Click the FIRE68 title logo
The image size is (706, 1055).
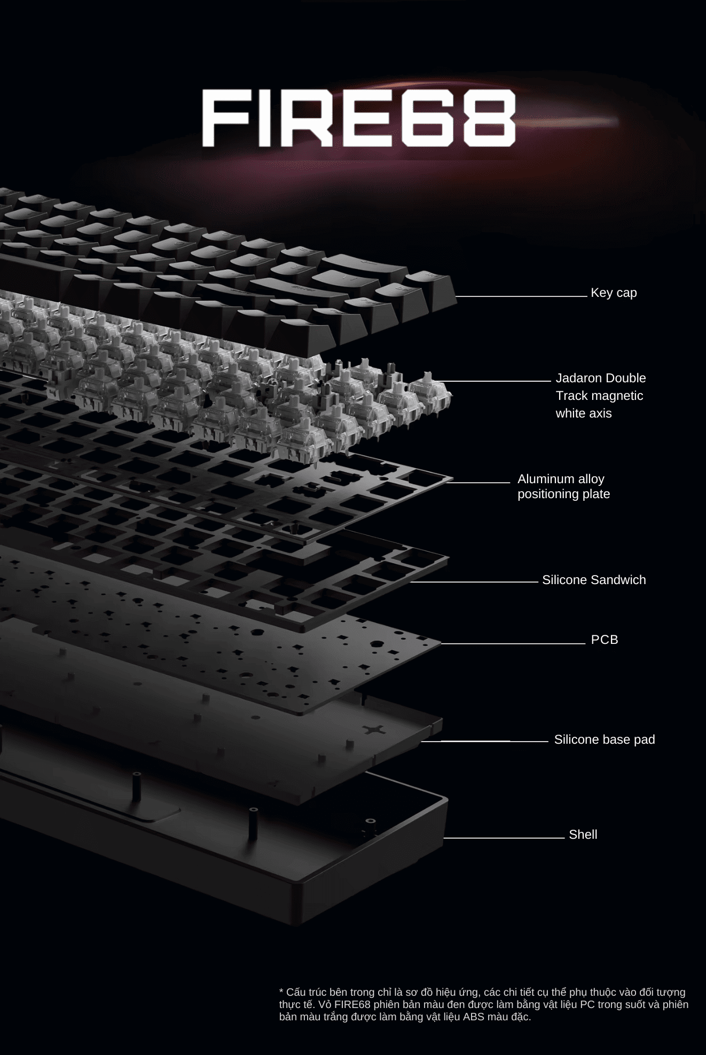[x=359, y=118]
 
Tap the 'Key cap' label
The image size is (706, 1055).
[x=614, y=293]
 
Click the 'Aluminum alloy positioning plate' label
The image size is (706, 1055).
[x=563, y=486]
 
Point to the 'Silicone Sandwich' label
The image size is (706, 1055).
[x=594, y=580]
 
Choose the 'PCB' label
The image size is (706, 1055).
[x=605, y=640]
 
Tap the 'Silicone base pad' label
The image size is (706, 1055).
[x=605, y=739]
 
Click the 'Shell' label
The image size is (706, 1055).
[x=583, y=834]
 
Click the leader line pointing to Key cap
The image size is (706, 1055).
[x=521, y=296]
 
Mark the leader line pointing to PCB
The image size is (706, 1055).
[x=513, y=643]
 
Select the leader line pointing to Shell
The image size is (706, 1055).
[x=504, y=838]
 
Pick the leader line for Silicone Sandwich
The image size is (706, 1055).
[x=474, y=582]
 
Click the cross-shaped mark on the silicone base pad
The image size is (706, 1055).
[x=374, y=729]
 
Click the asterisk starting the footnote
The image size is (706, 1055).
[x=281, y=991]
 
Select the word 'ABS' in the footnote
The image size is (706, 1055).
[x=474, y=1017]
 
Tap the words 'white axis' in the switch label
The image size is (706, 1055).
[x=584, y=413]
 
